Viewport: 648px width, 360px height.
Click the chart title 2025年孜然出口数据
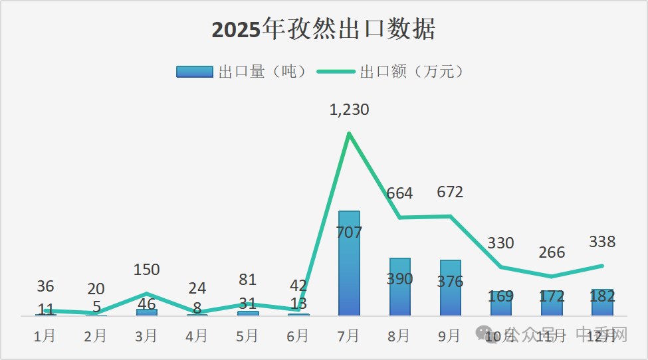(324, 30)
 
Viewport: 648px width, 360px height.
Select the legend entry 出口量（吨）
(243, 72)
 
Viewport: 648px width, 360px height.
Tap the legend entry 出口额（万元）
(391, 72)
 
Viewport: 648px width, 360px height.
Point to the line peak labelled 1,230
(349, 134)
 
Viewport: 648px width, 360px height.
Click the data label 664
(399, 193)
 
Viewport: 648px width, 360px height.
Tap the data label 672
(450, 192)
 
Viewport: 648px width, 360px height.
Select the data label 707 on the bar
(349, 232)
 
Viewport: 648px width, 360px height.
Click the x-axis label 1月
(45, 336)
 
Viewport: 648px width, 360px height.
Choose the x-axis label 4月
(197, 336)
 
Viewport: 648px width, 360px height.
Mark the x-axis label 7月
(349, 336)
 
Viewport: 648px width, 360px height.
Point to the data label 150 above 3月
(146, 270)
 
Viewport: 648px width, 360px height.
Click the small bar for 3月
(146, 312)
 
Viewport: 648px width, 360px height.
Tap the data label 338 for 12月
(602, 241)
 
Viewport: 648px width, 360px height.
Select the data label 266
(552, 252)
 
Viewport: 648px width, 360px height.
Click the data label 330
(500, 243)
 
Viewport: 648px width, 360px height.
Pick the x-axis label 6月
(298, 336)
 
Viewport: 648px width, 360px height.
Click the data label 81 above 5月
(247, 280)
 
